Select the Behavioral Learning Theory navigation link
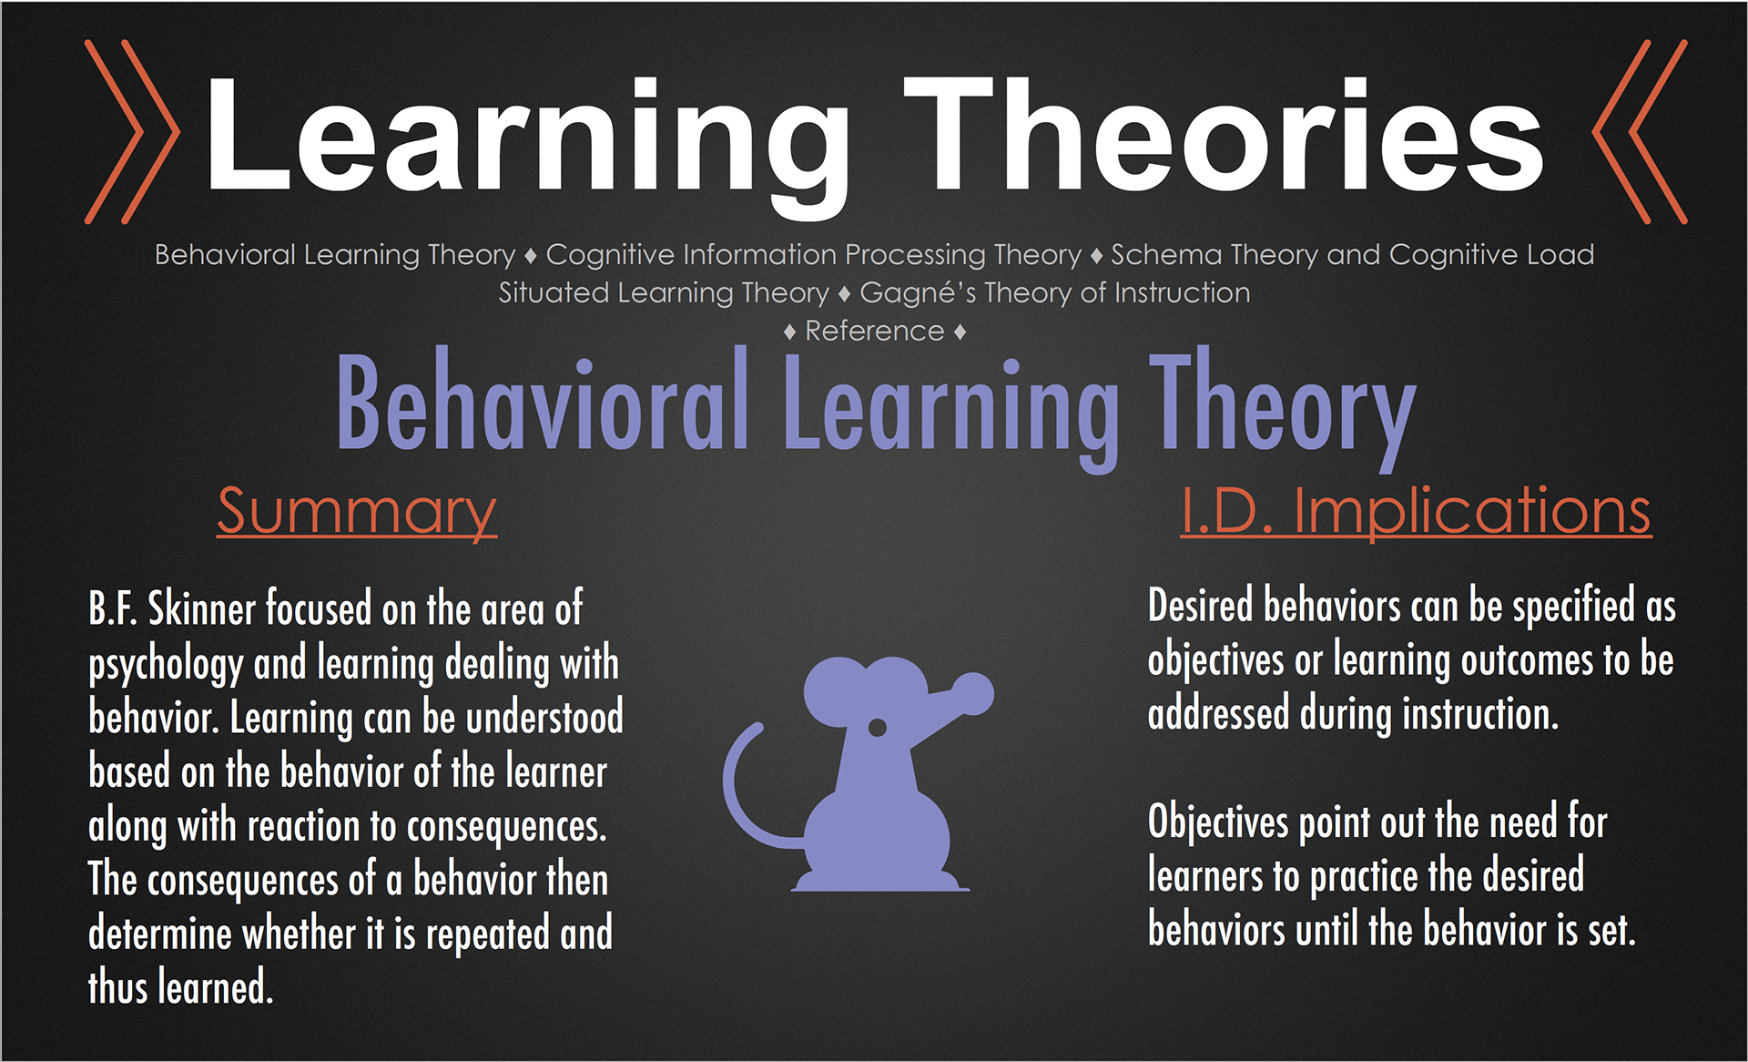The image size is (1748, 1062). coord(335,255)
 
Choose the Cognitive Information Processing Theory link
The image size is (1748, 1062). coord(813,255)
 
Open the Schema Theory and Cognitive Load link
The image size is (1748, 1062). coord(1353,255)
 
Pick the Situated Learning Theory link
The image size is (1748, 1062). coord(664,293)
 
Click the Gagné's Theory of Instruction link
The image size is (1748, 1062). coord(1055,293)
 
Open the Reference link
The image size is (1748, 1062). coord(875,332)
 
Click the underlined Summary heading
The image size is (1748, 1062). coord(357,512)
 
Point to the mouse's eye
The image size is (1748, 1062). coord(878,727)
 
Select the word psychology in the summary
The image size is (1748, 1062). coord(166,665)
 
